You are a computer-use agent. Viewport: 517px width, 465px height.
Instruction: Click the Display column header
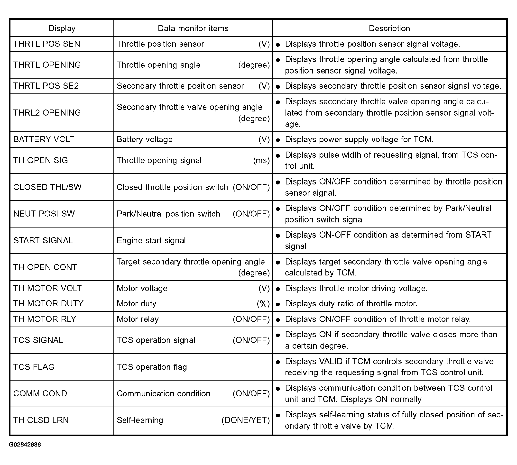pyautogui.click(x=62, y=28)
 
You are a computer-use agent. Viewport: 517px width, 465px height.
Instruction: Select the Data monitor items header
pyautogui.click(x=193, y=28)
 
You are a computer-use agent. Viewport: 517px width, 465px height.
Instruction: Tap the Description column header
pyautogui.click(x=389, y=28)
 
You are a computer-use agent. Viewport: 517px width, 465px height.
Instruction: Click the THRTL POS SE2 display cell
pyautogui.click(x=46, y=86)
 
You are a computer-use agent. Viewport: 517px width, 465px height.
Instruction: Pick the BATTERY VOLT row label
pyautogui.click(x=44, y=139)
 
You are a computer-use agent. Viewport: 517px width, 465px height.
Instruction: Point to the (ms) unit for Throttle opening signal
pyautogui.click(x=261, y=160)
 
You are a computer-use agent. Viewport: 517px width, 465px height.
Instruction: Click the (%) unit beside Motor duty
pyautogui.click(x=263, y=303)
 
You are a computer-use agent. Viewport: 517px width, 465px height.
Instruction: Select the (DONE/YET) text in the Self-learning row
pyautogui.click(x=245, y=420)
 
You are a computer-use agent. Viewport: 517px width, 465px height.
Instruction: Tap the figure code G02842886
pyautogui.click(x=25, y=445)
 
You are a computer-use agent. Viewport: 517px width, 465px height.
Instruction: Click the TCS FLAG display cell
pyautogui.click(x=34, y=367)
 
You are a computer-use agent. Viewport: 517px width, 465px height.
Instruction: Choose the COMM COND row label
pyautogui.click(x=40, y=393)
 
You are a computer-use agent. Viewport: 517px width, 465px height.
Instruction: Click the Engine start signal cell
pyautogui.click(x=151, y=240)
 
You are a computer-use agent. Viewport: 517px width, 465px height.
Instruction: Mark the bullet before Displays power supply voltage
pyautogui.click(x=278, y=140)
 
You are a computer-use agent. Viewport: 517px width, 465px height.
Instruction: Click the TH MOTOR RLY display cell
pyautogui.click(x=45, y=319)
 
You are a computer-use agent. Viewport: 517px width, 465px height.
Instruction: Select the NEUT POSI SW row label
pyautogui.click(x=44, y=214)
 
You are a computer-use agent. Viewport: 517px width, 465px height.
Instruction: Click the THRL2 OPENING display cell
pyautogui.click(x=47, y=113)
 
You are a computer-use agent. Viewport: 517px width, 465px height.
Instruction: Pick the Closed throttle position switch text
pyautogui.click(x=172, y=187)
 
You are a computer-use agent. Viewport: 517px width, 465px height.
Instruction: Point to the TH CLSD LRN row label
pyautogui.click(x=41, y=420)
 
